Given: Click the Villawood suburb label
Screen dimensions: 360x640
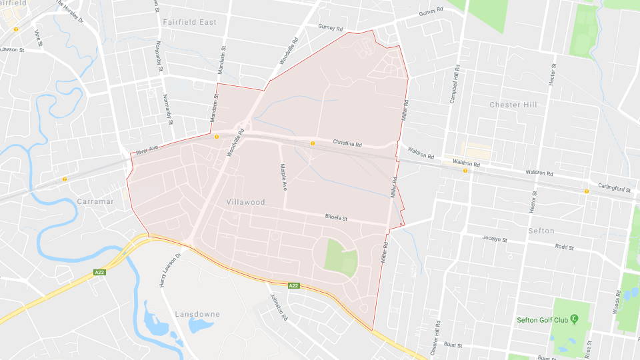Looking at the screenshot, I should (245, 202).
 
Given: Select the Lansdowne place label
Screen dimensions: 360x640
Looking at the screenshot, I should (198, 313).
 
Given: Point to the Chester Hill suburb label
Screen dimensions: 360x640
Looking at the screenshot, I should (513, 105).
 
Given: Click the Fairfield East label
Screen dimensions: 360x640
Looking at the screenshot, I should (190, 22).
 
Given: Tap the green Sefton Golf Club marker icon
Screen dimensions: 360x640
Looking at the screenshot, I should (574, 319).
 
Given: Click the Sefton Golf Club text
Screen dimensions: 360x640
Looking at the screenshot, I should (542, 320).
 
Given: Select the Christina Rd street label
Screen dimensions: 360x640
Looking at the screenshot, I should (347, 144).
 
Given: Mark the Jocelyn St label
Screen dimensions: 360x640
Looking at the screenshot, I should (495, 238).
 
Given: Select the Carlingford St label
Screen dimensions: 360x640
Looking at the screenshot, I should (614, 189).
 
